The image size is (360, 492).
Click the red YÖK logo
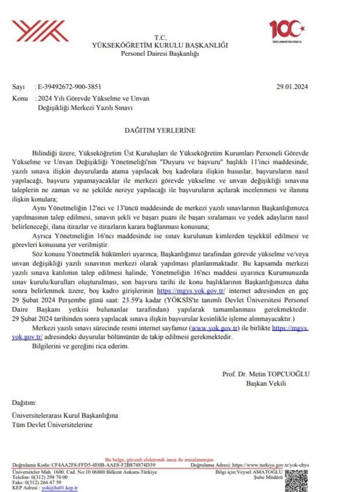tap(40, 31)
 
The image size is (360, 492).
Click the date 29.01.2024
tap(292, 87)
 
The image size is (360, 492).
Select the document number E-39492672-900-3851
tap(69, 87)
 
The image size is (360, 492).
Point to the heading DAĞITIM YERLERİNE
tap(160, 130)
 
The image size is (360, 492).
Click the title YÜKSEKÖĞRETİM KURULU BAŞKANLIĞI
tap(160, 45)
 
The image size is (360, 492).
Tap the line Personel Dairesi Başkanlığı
tap(160, 53)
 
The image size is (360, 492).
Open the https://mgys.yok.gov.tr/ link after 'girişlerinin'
tap(191, 291)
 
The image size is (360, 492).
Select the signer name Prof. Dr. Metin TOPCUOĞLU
tap(266, 374)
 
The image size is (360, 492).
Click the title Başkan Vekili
tap(266, 383)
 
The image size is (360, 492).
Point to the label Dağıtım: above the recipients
tap(24, 403)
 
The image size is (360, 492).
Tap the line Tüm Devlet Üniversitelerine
tap(52, 425)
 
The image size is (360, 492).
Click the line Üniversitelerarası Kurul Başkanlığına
tap(65, 415)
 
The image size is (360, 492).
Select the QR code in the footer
tap(296, 481)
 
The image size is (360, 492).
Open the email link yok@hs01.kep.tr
tap(60, 488)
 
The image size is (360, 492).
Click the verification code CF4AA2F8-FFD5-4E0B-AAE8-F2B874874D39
tap(103, 465)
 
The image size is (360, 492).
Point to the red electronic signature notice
tap(160, 460)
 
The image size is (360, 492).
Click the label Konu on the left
tap(20, 98)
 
